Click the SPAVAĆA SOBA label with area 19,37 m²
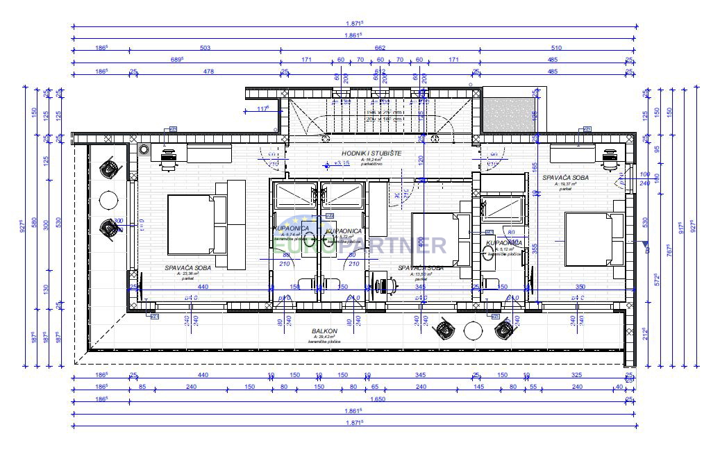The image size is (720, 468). tap(565, 178)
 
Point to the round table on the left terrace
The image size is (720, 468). tap(109, 200)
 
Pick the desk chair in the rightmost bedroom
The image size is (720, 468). tap(610, 159)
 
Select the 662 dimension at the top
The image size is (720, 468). tap(380, 48)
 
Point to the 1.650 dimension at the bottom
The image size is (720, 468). tap(379, 399)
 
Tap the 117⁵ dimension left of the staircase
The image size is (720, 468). tap(262, 109)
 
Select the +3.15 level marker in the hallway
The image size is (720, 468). tap(338, 165)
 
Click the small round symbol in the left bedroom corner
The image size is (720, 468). tap(144, 149)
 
